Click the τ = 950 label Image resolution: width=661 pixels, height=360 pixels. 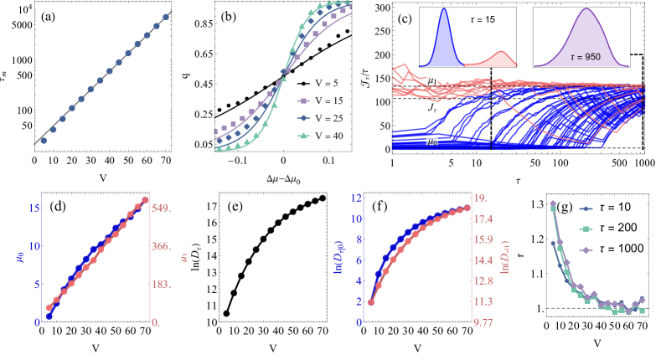[x=586, y=57]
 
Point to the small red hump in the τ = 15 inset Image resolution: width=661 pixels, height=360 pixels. [x=501, y=56]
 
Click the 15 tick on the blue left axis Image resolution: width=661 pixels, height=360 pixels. [x=34, y=208]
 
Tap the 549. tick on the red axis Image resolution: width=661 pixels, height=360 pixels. [x=161, y=208]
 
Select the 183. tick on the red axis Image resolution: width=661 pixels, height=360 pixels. [x=161, y=285]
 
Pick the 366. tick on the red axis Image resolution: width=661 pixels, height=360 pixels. [x=161, y=247]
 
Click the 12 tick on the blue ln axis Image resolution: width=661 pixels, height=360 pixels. [x=356, y=198]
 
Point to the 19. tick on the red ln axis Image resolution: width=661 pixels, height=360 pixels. [x=481, y=198]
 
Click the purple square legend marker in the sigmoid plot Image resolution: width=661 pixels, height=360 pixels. [x=303, y=100]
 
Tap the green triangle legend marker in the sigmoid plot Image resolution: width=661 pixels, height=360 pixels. [x=303, y=136]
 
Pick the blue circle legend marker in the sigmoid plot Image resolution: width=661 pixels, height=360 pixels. [x=303, y=118]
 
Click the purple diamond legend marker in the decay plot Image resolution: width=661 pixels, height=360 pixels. [x=586, y=249]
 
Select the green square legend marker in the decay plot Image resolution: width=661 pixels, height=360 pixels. [x=586, y=229]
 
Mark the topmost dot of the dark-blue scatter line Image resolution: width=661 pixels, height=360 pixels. [x=166, y=17]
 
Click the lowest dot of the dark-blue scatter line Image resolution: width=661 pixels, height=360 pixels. [x=44, y=141]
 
